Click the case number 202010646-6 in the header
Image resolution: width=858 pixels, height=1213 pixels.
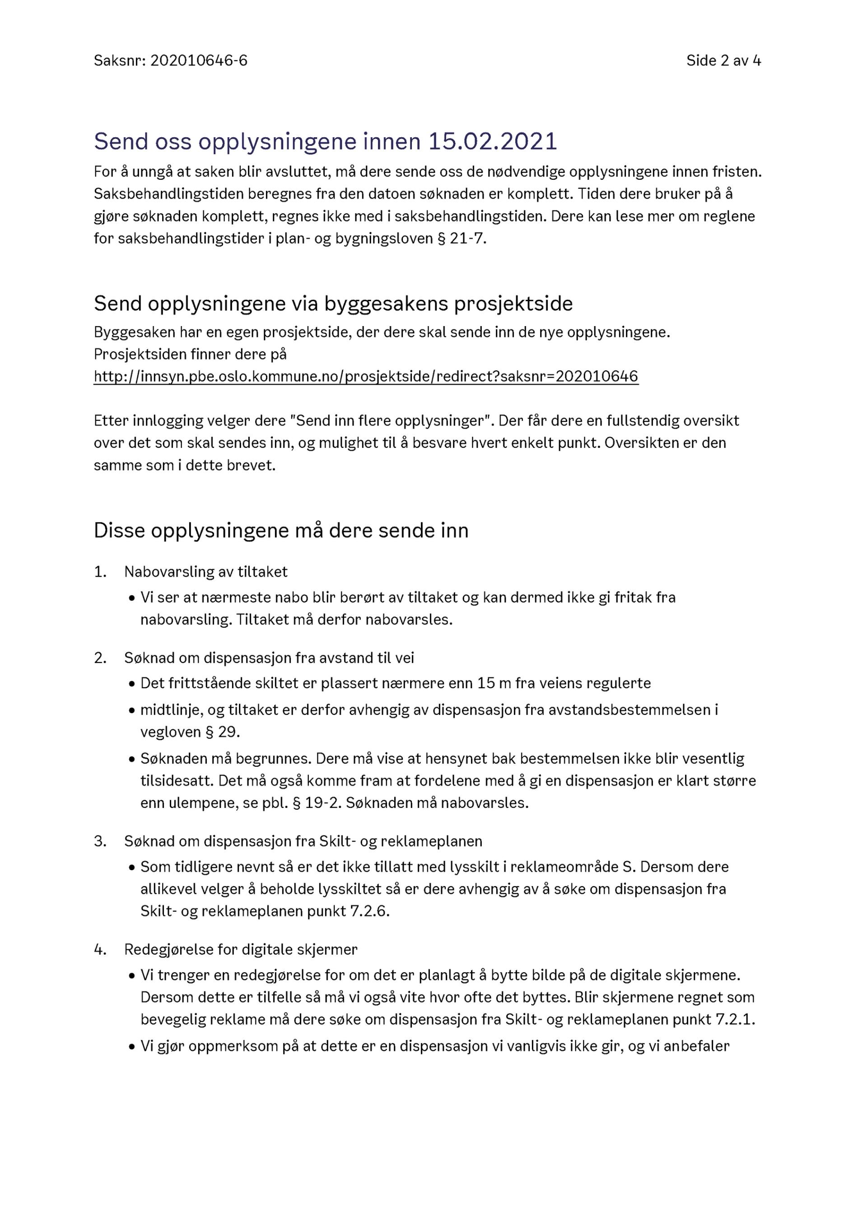[x=199, y=61]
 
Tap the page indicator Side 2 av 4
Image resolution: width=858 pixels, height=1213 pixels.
[x=723, y=61]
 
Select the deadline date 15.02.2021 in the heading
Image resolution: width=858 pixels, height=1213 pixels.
[x=492, y=142]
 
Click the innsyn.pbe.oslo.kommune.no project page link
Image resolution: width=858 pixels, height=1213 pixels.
[x=366, y=377]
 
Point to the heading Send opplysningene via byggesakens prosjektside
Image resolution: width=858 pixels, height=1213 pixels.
[x=333, y=304]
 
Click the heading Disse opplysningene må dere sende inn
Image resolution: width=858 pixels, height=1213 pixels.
[x=281, y=531]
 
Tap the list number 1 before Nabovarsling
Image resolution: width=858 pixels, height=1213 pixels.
[x=100, y=572]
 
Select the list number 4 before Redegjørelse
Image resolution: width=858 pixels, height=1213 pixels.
[x=100, y=949]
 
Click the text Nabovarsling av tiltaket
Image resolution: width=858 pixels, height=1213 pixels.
[x=206, y=572]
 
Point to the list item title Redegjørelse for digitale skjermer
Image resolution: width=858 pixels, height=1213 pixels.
[x=241, y=949]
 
